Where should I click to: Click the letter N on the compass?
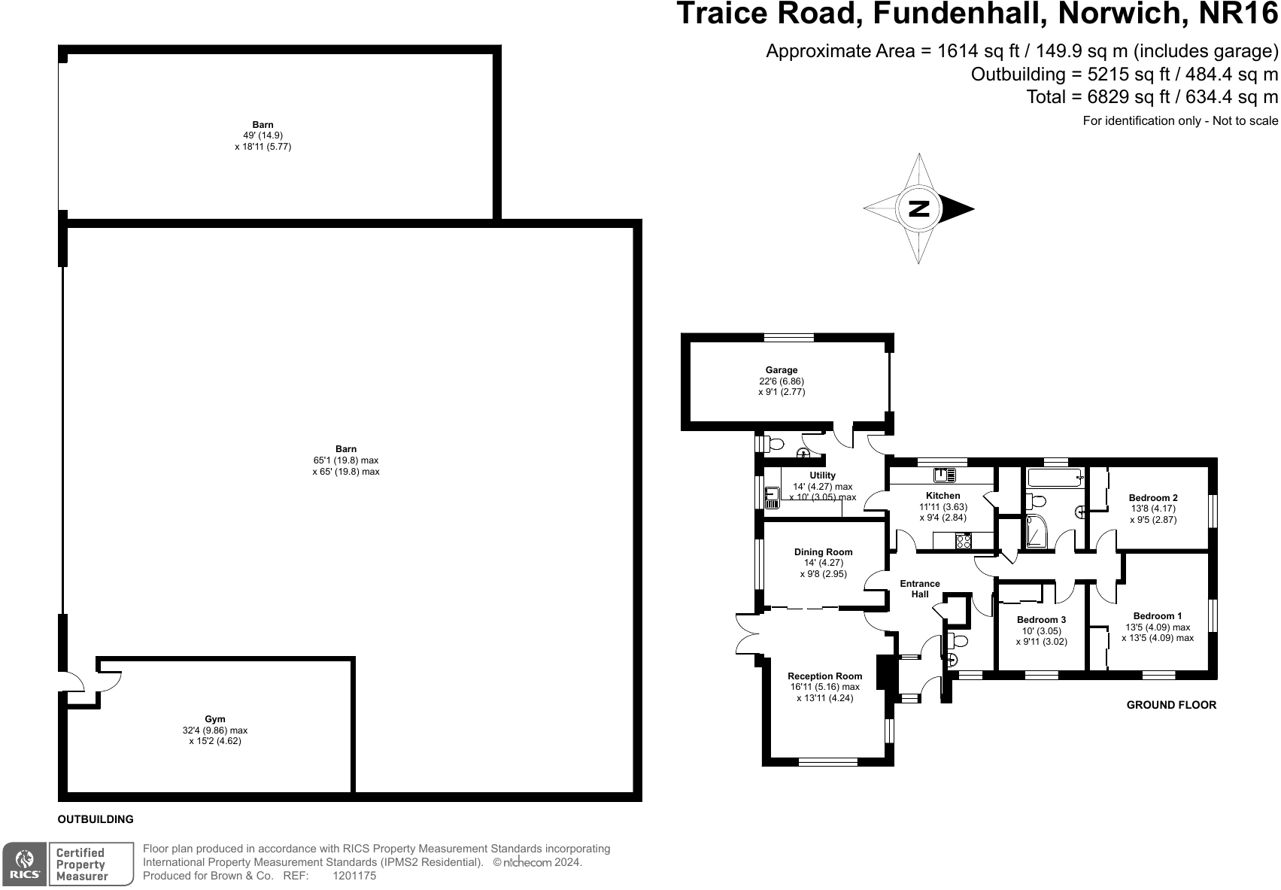(x=919, y=208)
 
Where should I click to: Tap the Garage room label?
(x=782, y=370)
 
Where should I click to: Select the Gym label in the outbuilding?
(x=215, y=719)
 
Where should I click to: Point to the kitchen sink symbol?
(x=944, y=475)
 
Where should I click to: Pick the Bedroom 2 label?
(x=1153, y=497)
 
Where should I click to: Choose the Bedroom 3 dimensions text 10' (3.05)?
(x=1041, y=631)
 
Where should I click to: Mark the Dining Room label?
(x=823, y=551)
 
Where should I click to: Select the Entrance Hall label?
(x=920, y=588)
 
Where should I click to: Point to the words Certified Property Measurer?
(x=82, y=864)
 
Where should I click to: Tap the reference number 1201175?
(x=354, y=876)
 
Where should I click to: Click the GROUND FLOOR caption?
(x=1170, y=705)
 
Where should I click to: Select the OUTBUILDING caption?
(x=96, y=819)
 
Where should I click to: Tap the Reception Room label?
(x=824, y=676)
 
